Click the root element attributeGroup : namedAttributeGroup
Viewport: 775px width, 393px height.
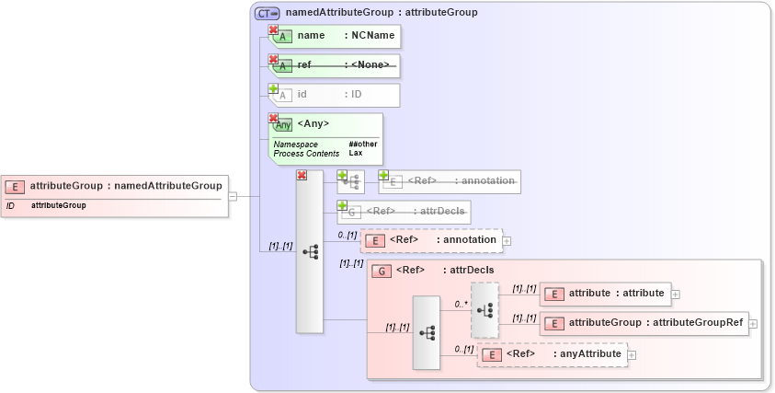click(x=114, y=186)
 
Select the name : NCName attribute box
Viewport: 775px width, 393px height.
click(x=336, y=36)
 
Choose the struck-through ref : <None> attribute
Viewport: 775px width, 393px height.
click(x=336, y=65)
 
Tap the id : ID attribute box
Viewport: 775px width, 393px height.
click(x=336, y=95)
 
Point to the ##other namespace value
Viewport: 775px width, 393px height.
click(x=362, y=144)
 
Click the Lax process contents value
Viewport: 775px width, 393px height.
click(x=355, y=153)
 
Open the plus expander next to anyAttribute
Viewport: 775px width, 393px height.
click(x=632, y=354)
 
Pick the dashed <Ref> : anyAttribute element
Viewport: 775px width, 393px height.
click(x=552, y=354)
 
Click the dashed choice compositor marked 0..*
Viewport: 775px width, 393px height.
click(x=484, y=310)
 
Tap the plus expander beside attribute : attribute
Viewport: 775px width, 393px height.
click(x=676, y=294)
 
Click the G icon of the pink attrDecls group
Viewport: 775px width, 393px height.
click(x=379, y=271)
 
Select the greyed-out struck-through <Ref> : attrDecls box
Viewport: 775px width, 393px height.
click(x=405, y=212)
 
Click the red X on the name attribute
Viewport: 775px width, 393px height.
click(x=273, y=29)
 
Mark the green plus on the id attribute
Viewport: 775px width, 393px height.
click(x=273, y=88)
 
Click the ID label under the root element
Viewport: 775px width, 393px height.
click(x=10, y=206)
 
